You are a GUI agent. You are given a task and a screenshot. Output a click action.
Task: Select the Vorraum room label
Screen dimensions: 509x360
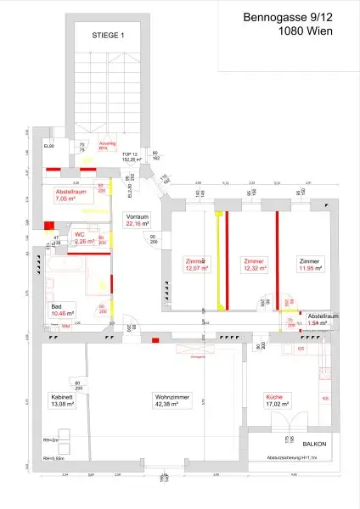coord(137,215)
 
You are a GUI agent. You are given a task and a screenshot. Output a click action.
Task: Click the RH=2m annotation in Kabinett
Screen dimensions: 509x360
coord(50,442)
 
